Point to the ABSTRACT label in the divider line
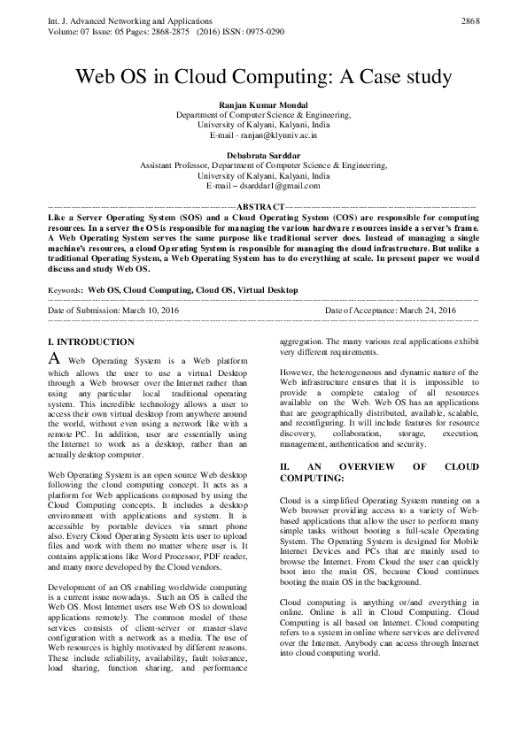tap(262, 206)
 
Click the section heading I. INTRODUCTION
tap(90, 342)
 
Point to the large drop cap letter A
tap(53, 359)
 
